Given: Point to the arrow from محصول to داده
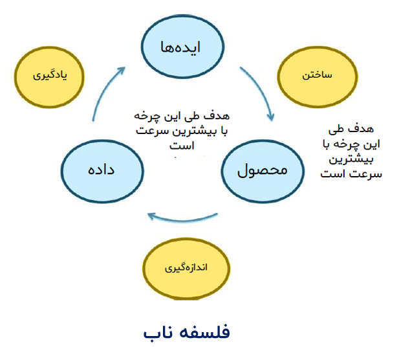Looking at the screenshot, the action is pyautogui.click(x=183, y=219).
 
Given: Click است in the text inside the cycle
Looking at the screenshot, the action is pyautogui.click(x=182, y=146).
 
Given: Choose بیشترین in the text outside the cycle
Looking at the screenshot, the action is pyautogui.click(x=351, y=160).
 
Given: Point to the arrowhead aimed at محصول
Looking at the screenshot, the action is pyautogui.click(x=271, y=117).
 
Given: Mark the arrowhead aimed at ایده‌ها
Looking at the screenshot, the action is pyautogui.click(x=121, y=71).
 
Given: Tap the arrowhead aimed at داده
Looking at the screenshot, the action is pyautogui.click(x=152, y=216).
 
